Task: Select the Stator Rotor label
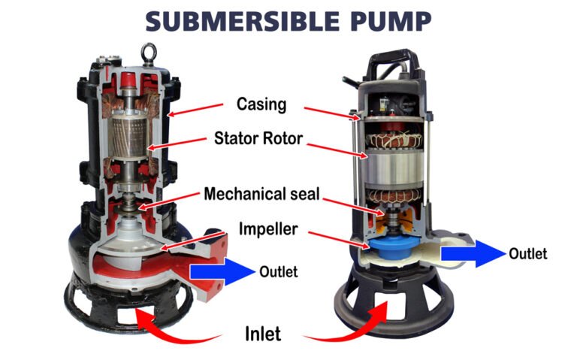coord(261,138)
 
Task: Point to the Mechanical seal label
coord(261,195)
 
